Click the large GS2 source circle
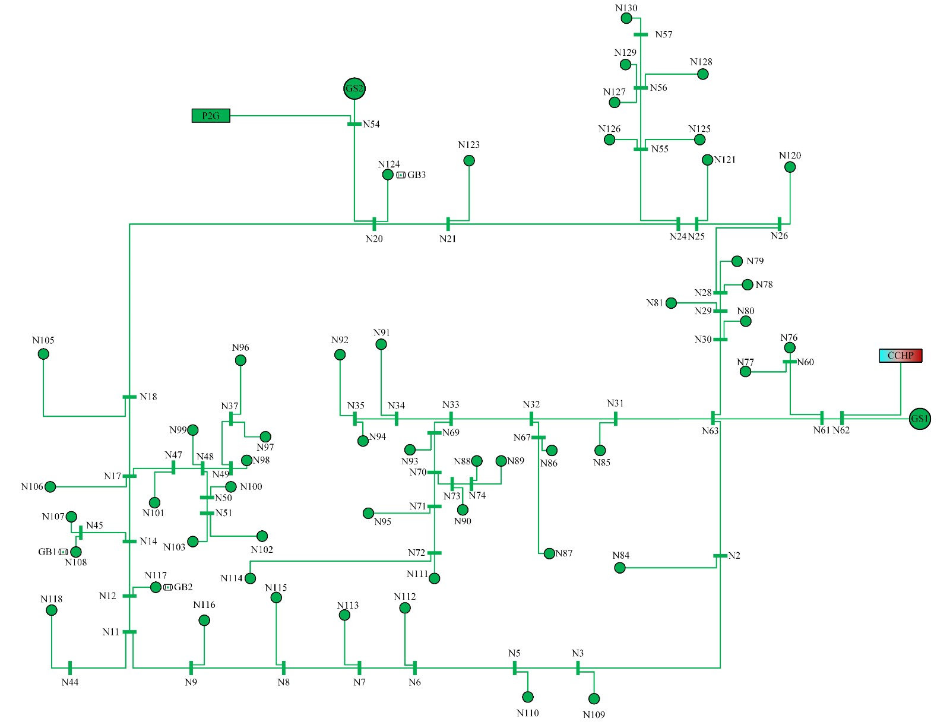(x=354, y=88)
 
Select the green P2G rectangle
(x=211, y=116)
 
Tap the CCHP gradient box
(x=901, y=355)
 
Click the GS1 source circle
(x=920, y=419)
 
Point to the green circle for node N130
(x=626, y=18)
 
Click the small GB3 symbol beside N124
(x=401, y=175)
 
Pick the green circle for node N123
(x=468, y=160)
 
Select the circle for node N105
(x=43, y=354)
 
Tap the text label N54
(x=371, y=124)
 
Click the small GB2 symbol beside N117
(x=168, y=587)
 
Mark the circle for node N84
(x=620, y=568)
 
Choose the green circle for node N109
(x=594, y=699)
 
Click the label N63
(x=710, y=430)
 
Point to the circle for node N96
(x=240, y=360)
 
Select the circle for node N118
(x=52, y=610)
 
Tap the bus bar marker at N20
(x=375, y=224)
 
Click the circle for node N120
(x=790, y=167)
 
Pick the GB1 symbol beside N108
(x=63, y=552)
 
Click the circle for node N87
(x=549, y=553)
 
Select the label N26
(x=779, y=236)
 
